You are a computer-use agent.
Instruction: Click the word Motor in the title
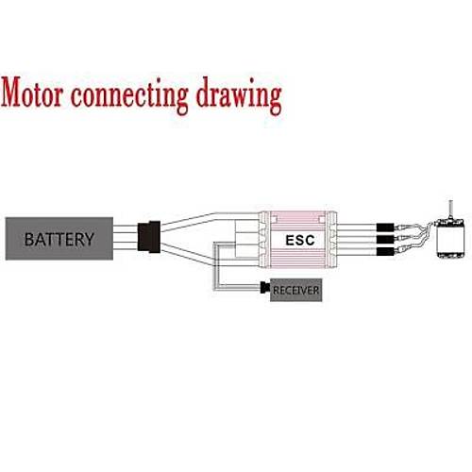click(32, 93)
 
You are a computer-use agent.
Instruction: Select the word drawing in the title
click(239, 96)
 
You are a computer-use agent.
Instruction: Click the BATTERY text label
click(59, 239)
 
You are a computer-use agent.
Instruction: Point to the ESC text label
click(300, 241)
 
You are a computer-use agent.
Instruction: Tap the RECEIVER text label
click(295, 291)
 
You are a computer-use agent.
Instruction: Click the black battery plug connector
click(149, 237)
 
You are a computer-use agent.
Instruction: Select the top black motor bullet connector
click(385, 227)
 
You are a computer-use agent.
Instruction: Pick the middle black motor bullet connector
click(385, 239)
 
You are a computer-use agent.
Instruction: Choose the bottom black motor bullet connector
click(385, 251)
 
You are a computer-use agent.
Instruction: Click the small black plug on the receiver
click(265, 287)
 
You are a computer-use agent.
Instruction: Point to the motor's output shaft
click(451, 211)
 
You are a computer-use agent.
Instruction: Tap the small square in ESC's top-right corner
click(322, 219)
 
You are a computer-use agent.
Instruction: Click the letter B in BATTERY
click(29, 239)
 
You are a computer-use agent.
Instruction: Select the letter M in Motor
click(12, 93)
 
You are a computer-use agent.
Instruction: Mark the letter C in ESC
click(310, 241)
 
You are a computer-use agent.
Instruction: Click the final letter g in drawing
click(276, 100)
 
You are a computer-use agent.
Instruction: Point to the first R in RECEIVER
click(276, 291)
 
